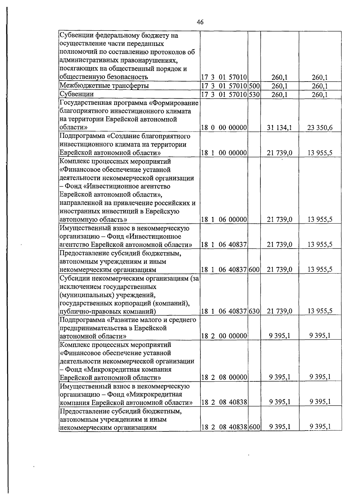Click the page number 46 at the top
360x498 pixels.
[x=200, y=22]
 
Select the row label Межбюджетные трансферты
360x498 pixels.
[x=104, y=86]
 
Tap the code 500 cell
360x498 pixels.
[x=254, y=86]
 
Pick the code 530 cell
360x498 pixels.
[x=254, y=94]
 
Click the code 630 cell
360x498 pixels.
[x=254, y=311]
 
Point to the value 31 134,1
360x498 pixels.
[x=280, y=128]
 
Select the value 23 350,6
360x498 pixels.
[x=320, y=128]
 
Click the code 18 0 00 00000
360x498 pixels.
[x=224, y=128]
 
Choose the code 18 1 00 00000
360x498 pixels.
[x=224, y=153]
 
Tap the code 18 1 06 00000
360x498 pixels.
[x=224, y=220]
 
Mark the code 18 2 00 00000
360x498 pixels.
[x=224, y=336]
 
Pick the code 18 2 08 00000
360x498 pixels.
[x=224, y=377]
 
